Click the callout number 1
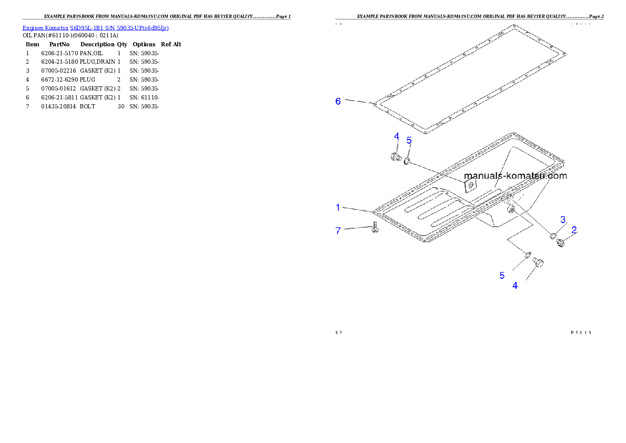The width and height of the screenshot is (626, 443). (x=339, y=207)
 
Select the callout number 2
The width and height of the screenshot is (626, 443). (x=574, y=229)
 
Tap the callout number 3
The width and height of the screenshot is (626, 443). (x=563, y=219)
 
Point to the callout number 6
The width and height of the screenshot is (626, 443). (x=338, y=101)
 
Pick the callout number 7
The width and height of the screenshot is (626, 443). (x=339, y=230)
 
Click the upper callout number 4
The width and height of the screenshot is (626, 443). (x=397, y=136)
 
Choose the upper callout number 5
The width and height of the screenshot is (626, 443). (x=409, y=140)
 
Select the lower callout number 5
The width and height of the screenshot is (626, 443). (x=502, y=275)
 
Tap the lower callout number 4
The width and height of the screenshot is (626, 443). (x=515, y=286)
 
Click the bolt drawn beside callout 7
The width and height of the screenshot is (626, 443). (x=375, y=228)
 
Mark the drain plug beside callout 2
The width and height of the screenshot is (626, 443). (x=560, y=243)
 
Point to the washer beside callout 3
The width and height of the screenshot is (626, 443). (x=553, y=235)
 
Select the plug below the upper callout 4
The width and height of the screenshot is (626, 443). (x=395, y=156)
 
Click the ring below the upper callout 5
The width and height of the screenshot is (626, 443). (x=407, y=159)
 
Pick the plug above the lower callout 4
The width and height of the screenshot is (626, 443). (x=538, y=263)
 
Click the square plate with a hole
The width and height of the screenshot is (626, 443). (x=470, y=184)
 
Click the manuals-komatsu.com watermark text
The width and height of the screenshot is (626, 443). (x=515, y=176)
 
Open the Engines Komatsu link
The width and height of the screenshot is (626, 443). (x=45, y=28)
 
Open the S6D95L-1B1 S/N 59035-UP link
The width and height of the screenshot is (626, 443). (x=119, y=28)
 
